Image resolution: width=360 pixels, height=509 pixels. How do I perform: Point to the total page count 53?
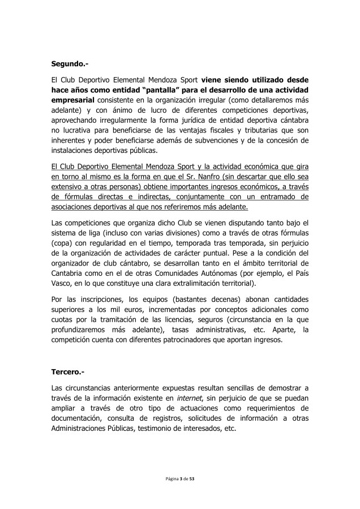coord(192,478)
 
